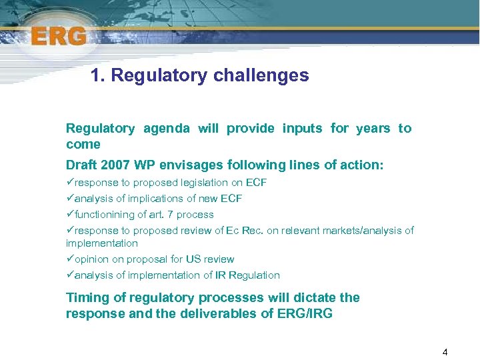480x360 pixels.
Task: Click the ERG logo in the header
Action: tap(58, 35)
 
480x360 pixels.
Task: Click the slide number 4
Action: tap(445, 351)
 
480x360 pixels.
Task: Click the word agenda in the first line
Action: tap(166, 128)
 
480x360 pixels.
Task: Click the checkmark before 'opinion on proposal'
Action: tap(70, 259)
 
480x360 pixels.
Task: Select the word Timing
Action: tap(87, 297)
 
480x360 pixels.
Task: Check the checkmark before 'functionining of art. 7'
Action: tap(70, 215)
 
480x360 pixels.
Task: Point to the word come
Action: tap(83, 144)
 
